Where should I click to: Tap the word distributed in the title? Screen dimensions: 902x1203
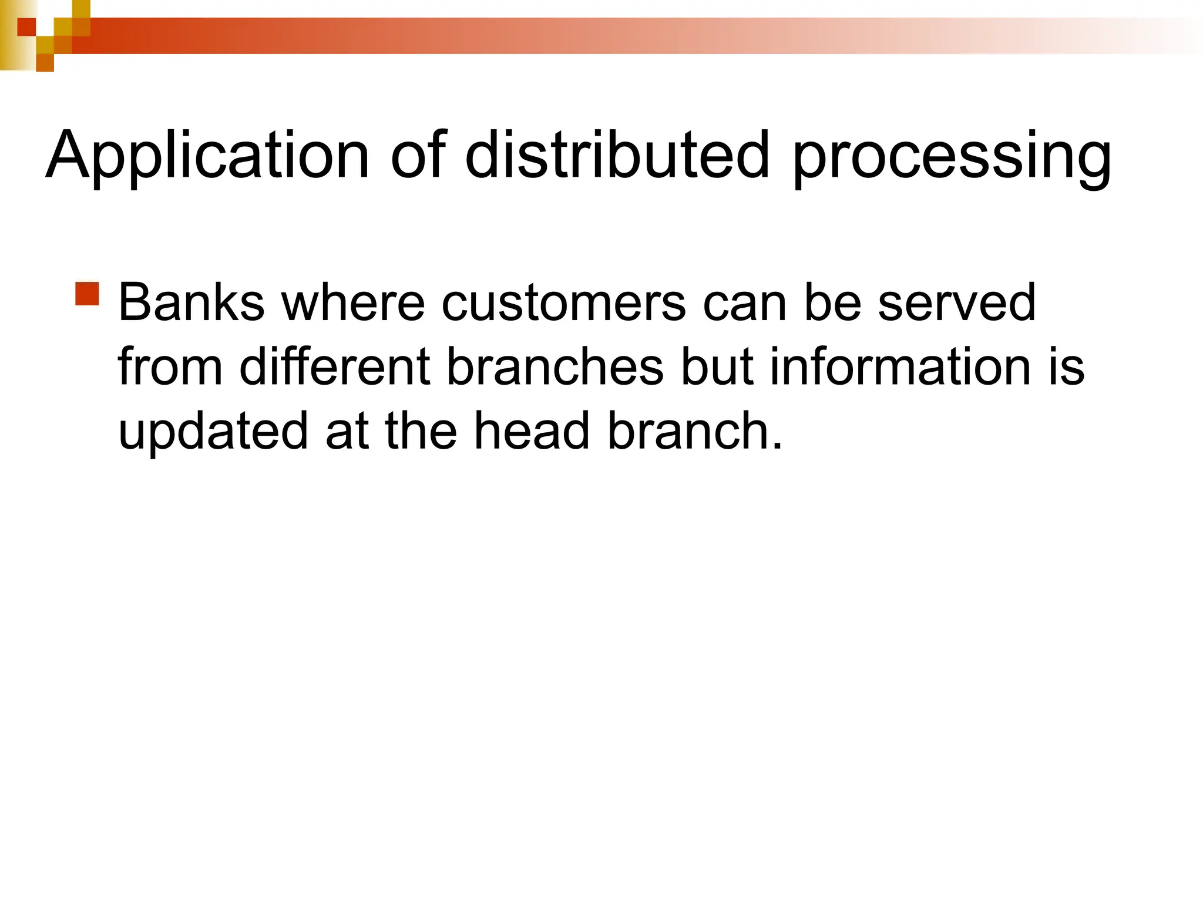tap(617, 155)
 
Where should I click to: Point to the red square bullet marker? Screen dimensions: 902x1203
tap(88, 294)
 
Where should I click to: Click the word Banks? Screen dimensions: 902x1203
tap(191, 303)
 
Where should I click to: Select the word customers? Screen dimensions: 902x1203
tap(563, 303)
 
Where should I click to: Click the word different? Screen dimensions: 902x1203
tap(335, 367)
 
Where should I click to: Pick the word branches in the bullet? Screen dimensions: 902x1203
tap(555, 367)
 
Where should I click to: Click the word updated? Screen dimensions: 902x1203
tap(213, 432)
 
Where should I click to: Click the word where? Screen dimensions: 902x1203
tap(352, 303)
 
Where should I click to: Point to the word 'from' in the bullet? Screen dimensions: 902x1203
tap(170, 367)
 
